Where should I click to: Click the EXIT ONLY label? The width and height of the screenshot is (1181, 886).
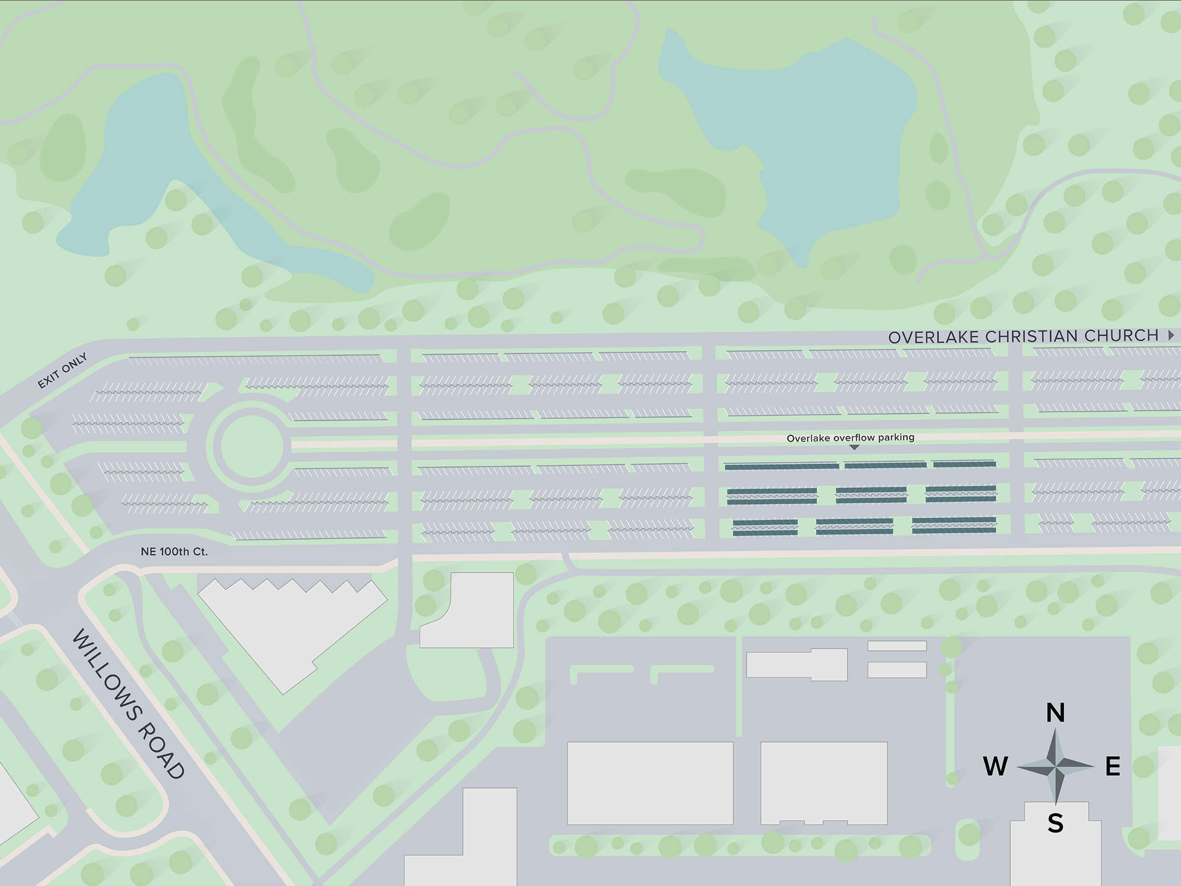(x=62, y=371)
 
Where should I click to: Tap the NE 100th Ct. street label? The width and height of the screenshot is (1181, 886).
(x=174, y=552)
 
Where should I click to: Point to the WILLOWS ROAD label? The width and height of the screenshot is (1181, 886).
(x=128, y=703)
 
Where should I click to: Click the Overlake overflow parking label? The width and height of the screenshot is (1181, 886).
(x=850, y=438)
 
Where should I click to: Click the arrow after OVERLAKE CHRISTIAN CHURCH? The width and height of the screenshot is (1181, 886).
(x=1171, y=335)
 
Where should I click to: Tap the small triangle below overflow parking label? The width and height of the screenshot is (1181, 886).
(x=854, y=447)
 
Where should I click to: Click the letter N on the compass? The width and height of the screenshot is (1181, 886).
(x=1055, y=713)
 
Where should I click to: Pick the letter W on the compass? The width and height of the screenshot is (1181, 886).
(x=995, y=766)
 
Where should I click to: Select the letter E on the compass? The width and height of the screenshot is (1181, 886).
(x=1113, y=766)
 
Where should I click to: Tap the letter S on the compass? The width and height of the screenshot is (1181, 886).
(x=1055, y=823)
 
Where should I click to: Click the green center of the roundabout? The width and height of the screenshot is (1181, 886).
(x=252, y=446)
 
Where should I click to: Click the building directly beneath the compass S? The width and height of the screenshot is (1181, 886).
(x=1055, y=854)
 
